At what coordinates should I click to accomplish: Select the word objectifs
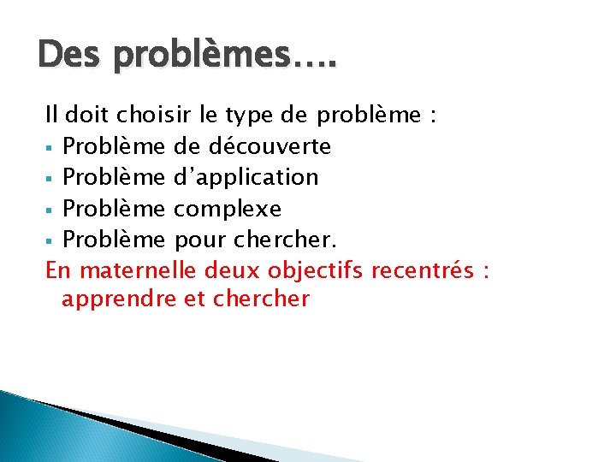pos(311,271)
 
